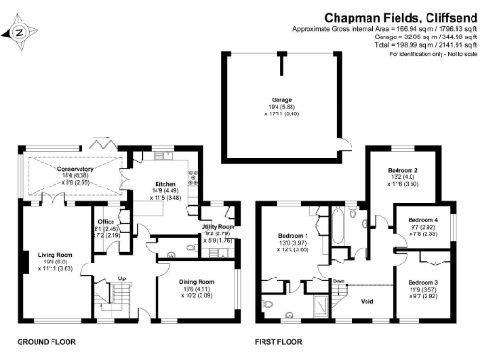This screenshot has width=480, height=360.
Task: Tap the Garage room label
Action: [x=282, y=99]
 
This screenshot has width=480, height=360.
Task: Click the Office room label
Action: [x=110, y=221]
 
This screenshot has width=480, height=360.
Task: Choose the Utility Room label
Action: [x=217, y=227]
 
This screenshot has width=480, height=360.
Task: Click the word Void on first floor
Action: [x=368, y=301]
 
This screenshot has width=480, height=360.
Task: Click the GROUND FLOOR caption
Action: [x=46, y=342]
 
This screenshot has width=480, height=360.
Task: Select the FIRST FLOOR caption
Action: [x=280, y=342]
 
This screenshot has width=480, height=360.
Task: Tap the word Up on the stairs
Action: [x=121, y=277]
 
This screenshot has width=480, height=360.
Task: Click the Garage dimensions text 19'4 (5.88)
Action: [x=282, y=107]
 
